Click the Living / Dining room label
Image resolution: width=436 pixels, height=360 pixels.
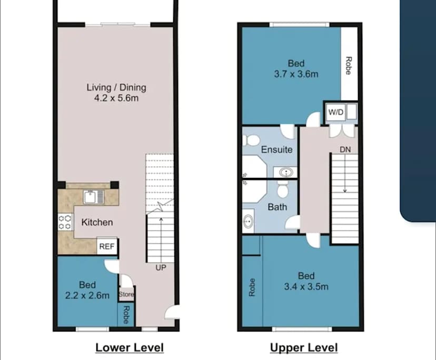coord(116,87)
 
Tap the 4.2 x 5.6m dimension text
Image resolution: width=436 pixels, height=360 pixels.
coord(116,98)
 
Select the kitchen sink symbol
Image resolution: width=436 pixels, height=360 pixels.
coord(94,197)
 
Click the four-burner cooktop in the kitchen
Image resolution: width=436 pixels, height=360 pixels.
coord(65,221)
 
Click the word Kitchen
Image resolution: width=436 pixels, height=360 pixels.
coord(97,222)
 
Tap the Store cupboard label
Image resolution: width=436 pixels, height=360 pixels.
coord(126,295)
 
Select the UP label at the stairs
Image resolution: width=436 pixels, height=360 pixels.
coord(161,268)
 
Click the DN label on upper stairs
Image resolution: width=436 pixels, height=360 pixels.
coord(345,150)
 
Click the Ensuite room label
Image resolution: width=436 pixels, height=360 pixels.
coord(276,149)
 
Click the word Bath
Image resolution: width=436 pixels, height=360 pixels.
coord(277,207)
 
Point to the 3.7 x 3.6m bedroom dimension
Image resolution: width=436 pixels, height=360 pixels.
coord(296,74)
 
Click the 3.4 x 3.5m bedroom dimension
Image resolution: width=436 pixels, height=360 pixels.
coord(306,286)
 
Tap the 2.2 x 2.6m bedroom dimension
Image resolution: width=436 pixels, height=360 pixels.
coord(87,295)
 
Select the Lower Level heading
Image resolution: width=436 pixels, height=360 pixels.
coord(129,347)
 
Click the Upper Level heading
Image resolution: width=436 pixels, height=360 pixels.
coord(303,347)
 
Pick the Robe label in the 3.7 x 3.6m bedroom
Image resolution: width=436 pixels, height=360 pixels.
coord(348,66)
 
